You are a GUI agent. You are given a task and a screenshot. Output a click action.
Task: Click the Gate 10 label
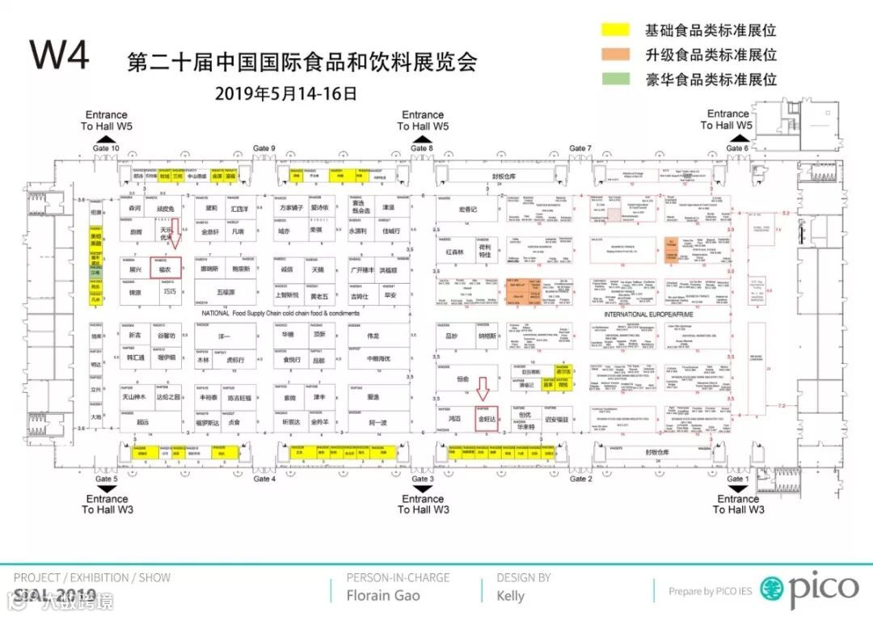[106, 148]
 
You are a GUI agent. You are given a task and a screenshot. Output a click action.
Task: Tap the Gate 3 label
[420, 479]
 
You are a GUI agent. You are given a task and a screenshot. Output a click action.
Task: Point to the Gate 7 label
[580, 148]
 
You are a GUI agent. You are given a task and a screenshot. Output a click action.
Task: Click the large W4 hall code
[60, 55]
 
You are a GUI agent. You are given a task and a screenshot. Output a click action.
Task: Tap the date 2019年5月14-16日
[285, 93]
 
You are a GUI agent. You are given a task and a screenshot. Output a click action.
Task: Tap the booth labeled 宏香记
[468, 209]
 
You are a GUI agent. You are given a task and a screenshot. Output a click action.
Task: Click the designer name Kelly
[510, 596]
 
